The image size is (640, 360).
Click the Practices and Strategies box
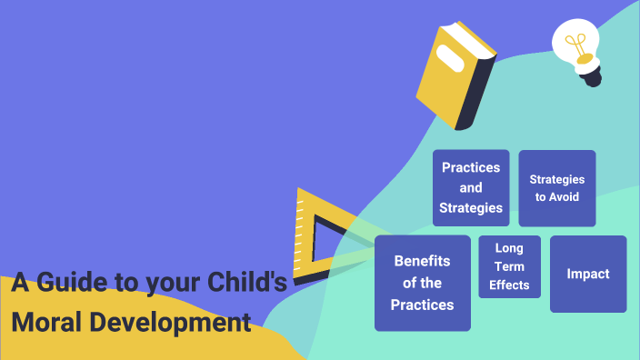pos(470,187)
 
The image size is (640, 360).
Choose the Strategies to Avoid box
pos(556,187)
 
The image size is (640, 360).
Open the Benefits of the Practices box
pos(422,283)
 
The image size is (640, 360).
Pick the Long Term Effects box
pos(509,266)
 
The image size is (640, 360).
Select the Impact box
pos(588,274)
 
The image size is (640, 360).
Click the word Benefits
pos(423,261)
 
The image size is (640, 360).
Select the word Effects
pos(509,285)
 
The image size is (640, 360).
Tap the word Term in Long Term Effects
pos(509,266)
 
